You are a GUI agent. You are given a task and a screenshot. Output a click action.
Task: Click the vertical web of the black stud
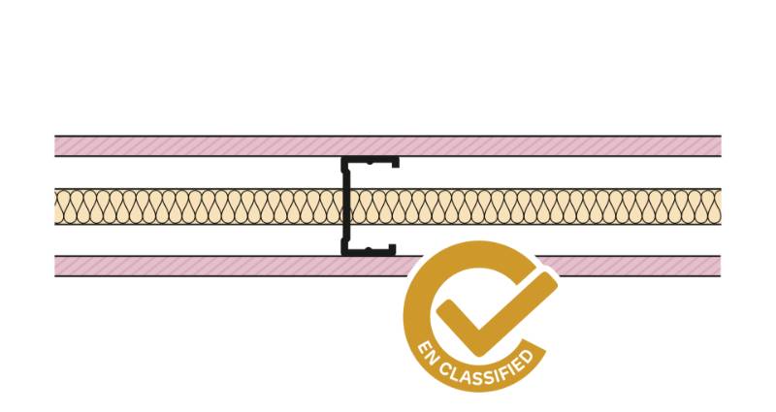pos(345,206)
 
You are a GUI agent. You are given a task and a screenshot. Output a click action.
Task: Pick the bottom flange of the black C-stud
pos(369,252)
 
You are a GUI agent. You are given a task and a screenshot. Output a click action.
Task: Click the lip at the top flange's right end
pos(396,163)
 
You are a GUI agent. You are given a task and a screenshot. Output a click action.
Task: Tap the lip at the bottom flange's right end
pos(393,249)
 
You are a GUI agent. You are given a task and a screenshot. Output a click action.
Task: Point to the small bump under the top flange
pos(369,164)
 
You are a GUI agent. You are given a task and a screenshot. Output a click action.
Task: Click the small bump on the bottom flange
pos(368,248)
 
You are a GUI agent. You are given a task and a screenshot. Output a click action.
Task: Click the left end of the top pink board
pos(55,146)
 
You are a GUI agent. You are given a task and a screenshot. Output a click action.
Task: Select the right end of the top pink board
pos(721,146)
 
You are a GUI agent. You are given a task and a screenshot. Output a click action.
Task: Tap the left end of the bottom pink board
pos(55,266)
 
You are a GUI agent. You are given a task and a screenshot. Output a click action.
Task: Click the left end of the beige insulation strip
pos(55,206)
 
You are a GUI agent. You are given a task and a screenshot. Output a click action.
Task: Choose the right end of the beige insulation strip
pos(721,206)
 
